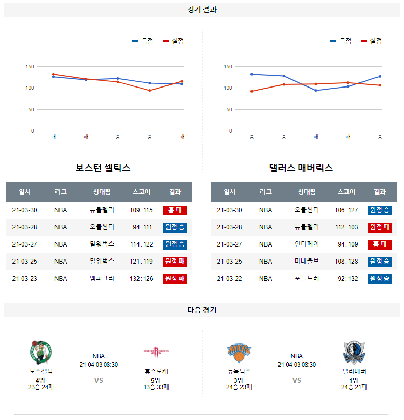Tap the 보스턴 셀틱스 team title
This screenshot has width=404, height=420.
(x=103, y=168)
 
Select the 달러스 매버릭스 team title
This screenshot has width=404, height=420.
(x=301, y=168)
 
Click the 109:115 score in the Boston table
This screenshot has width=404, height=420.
(x=141, y=210)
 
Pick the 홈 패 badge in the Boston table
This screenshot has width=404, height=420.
(x=175, y=210)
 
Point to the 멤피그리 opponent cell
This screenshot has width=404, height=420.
(x=102, y=279)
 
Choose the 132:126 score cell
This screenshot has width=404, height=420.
(x=141, y=279)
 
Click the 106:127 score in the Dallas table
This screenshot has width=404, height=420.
(x=346, y=210)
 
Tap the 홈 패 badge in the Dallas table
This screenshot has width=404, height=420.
(x=380, y=244)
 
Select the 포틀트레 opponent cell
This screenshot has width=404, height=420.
(x=307, y=279)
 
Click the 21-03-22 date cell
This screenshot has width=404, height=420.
(x=229, y=279)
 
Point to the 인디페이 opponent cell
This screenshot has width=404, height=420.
(x=307, y=244)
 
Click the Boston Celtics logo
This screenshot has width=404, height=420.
(x=41, y=352)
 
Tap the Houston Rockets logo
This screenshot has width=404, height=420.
(x=156, y=352)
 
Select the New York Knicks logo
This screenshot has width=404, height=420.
(x=239, y=352)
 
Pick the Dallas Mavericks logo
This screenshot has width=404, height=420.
(x=354, y=352)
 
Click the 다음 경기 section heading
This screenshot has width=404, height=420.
(x=202, y=310)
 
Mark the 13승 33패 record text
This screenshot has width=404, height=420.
(x=156, y=387)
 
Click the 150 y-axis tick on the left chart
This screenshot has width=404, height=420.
(x=30, y=67)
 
